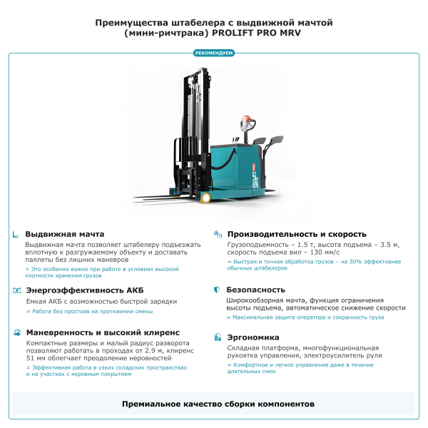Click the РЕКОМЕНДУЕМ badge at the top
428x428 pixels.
coord(214,53)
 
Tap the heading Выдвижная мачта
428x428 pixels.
coord(65,234)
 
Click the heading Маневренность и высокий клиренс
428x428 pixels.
coord(103,332)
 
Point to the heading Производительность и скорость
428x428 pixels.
coord(296,234)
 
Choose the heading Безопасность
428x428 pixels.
coord(255,290)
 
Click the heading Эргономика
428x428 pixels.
coord(253,337)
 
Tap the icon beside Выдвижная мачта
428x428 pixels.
coord(16,234)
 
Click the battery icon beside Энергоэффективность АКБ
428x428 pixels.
coord(16,290)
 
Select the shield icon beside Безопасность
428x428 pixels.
coord(217,290)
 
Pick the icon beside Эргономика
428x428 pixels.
coord(217,337)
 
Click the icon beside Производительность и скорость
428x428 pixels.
coord(217,234)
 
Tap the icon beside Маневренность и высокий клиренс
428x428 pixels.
coord(16,332)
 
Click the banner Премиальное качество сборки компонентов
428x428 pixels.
coord(214,404)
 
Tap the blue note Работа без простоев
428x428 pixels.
coord(92,311)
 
